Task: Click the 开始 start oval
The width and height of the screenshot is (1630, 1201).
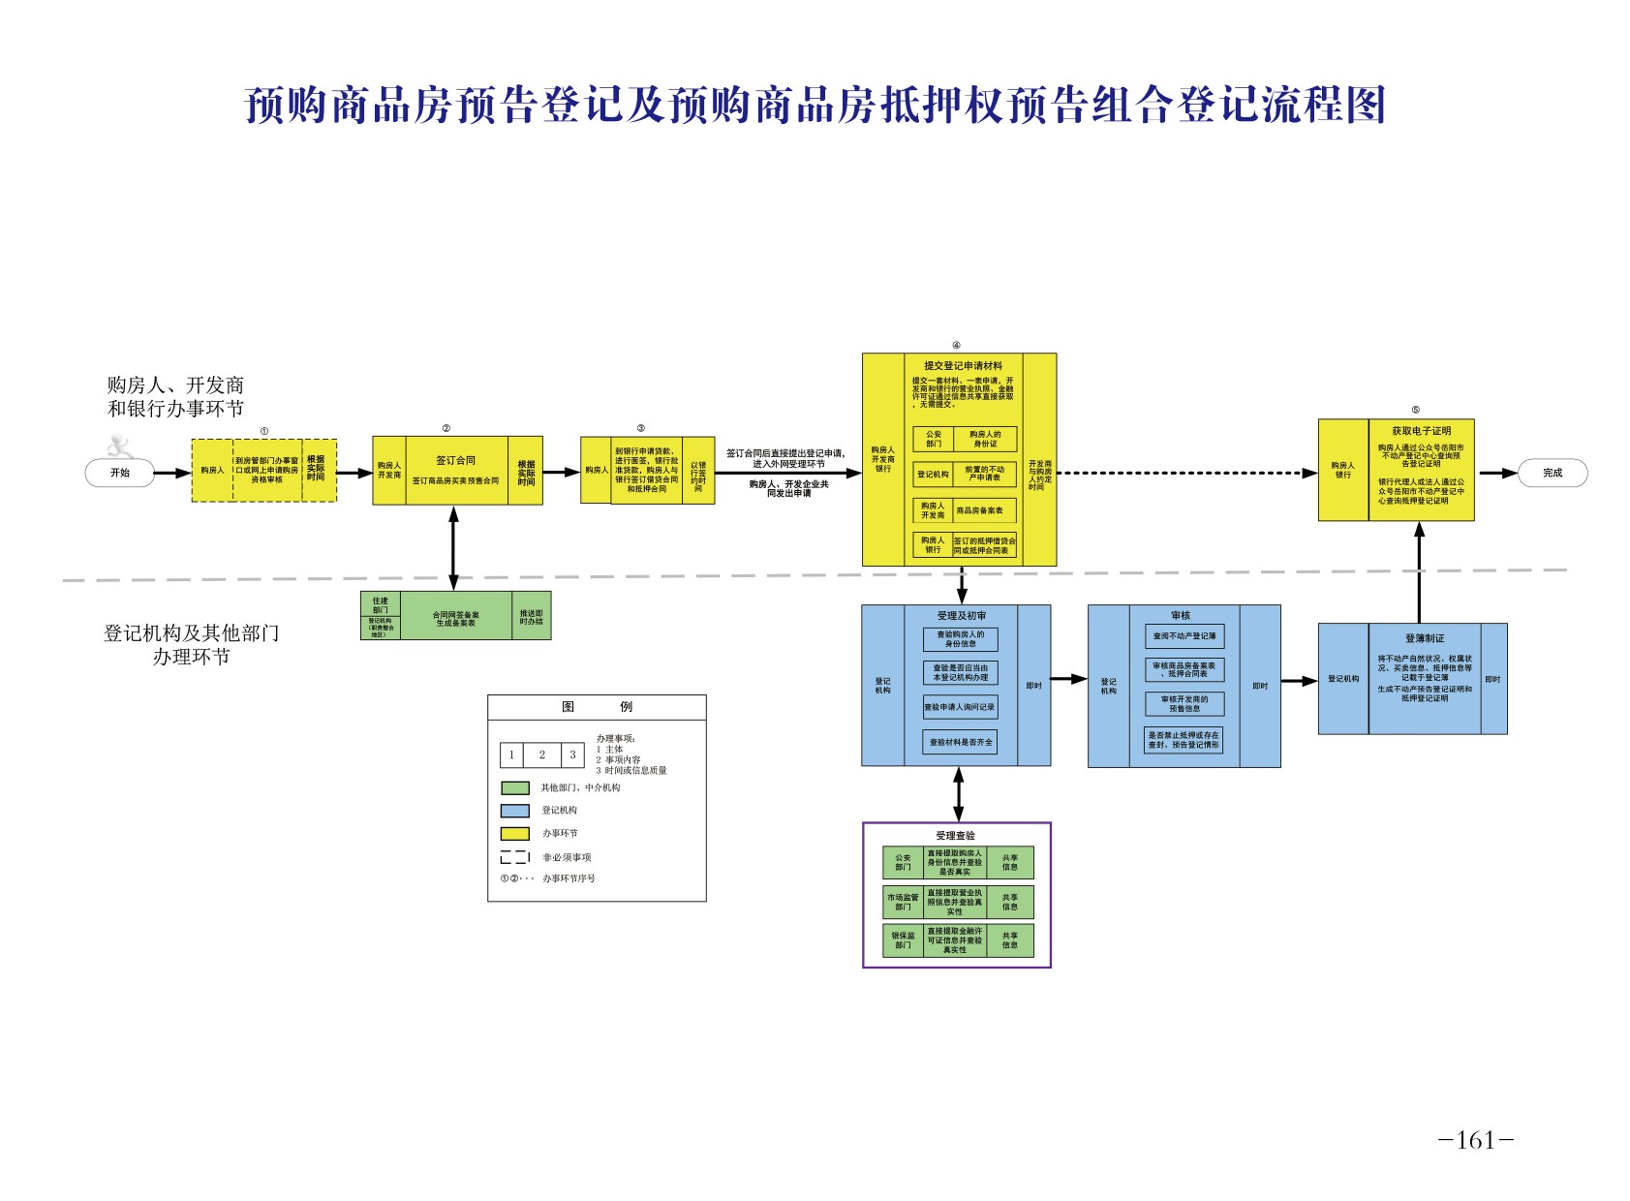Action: tap(119, 473)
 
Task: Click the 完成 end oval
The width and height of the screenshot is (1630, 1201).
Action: tap(1552, 473)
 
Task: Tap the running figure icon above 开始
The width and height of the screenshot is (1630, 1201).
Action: tap(119, 447)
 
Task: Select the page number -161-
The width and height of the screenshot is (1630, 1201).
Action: tap(1475, 1140)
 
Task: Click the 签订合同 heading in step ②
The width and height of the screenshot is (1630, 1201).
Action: tap(455, 461)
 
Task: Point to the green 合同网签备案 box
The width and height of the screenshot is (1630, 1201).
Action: tap(455, 617)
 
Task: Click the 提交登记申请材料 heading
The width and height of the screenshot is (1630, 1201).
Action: tap(962, 366)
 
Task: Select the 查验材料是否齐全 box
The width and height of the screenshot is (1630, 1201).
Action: tap(960, 742)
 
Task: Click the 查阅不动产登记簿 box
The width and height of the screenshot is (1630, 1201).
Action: tap(1184, 636)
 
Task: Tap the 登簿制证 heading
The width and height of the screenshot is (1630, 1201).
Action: tap(1424, 638)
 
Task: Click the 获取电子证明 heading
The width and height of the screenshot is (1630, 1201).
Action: tap(1421, 431)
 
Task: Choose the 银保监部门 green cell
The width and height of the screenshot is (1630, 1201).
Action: tap(903, 940)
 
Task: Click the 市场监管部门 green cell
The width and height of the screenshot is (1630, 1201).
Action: tap(903, 902)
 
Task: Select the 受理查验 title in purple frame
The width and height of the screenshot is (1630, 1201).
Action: tap(955, 836)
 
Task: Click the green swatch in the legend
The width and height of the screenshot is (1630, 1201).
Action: tap(514, 788)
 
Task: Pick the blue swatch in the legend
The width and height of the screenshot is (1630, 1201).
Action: tap(514, 811)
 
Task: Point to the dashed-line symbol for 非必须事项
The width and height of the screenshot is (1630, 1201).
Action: tap(514, 857)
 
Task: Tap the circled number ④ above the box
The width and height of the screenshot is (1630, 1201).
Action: tap(956, 346)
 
